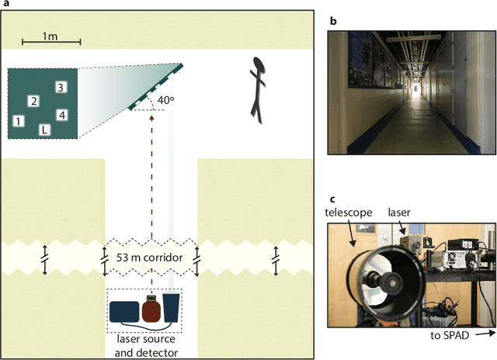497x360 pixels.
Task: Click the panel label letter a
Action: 5,5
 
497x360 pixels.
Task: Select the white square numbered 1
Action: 19,120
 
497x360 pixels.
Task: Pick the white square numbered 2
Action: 33,101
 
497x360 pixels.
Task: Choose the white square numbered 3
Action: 61,87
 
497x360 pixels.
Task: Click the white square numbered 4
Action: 62,115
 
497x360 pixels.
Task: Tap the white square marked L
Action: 44,130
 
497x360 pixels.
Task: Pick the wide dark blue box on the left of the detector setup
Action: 123,311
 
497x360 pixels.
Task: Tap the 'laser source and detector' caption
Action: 145,347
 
